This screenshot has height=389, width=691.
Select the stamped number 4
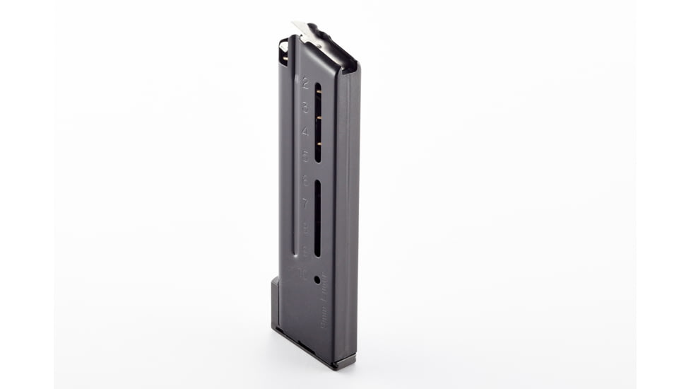tap(305, 132)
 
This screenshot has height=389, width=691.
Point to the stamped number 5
tap(305, 156)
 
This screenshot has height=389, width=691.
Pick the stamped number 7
tap(305, 204)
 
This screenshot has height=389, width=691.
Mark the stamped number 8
tap(305, 227)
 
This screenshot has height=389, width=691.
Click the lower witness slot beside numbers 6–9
tap(317, 218)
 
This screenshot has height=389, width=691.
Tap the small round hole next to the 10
tap(317, 279)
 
